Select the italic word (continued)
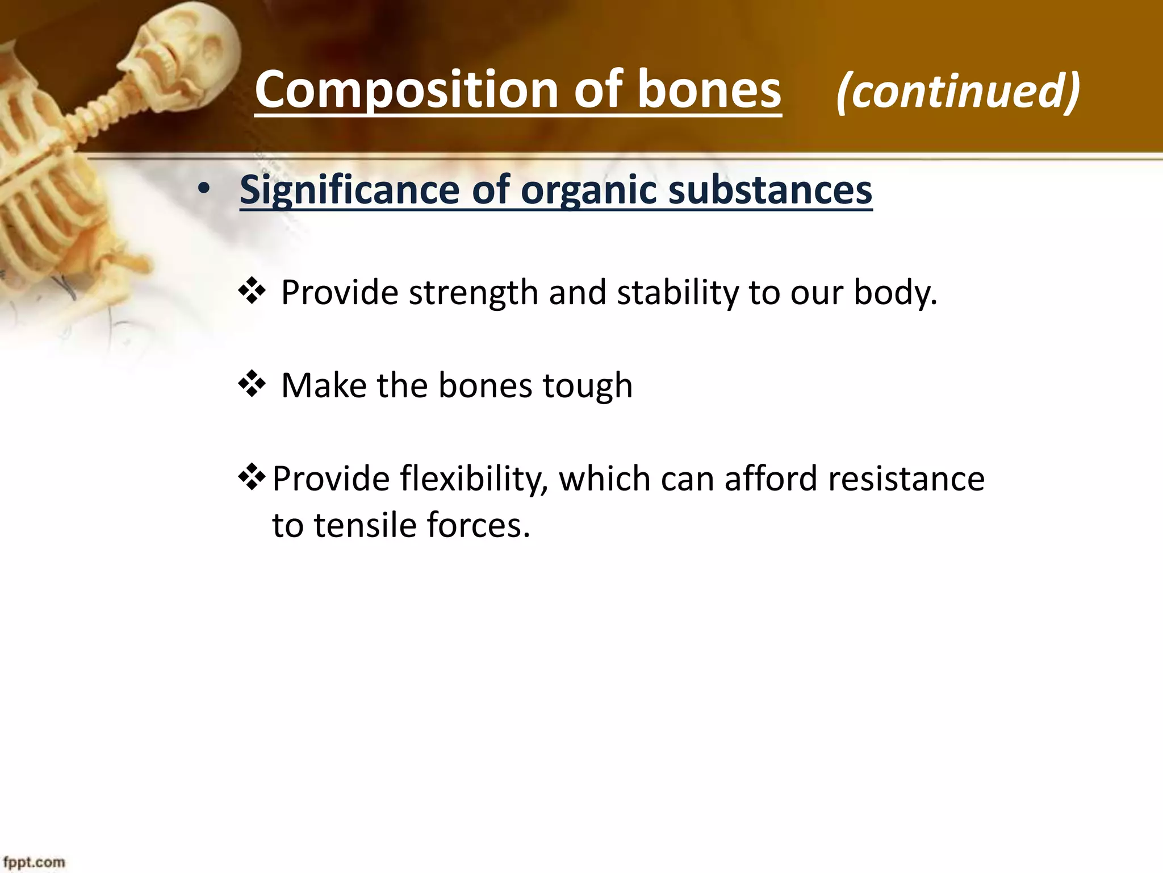[957, 91]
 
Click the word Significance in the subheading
[349, 190]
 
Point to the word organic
[588, 190]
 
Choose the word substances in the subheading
[770, 190]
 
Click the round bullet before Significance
[204, 190]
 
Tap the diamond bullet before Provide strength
[252, 292]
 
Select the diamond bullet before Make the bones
[252, 385]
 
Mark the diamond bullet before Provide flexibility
[252, 478]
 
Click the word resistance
[906, 479]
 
